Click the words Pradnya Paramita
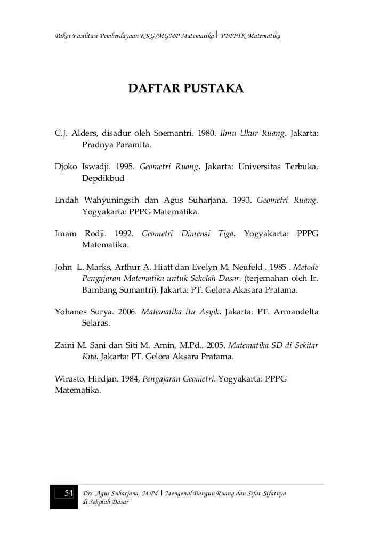[x=116, y=145]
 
